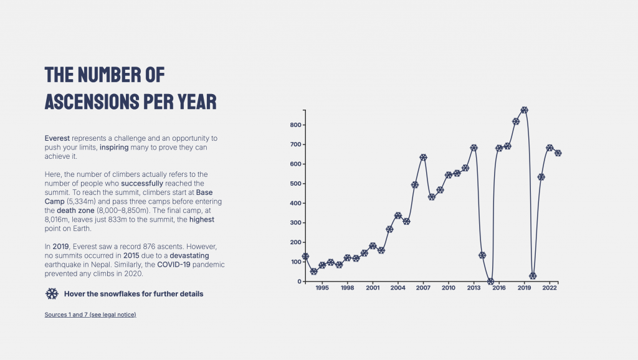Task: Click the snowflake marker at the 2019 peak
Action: click(525, 110)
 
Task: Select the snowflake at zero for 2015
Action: click(490, 282)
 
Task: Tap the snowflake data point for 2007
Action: click(423, 157)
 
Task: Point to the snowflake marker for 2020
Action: click(533, 276)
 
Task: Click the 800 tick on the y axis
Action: click(295, 125)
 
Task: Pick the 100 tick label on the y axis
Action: click(295, 262)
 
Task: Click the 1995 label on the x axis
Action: click(322, 288)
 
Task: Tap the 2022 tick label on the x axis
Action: click(550, 288)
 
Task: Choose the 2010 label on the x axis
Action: click(449, 288)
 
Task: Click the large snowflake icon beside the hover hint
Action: click(52, 294)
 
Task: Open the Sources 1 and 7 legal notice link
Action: click(90, 315)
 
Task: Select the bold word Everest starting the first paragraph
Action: click(57, 137)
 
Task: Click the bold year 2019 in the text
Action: click(60, 247)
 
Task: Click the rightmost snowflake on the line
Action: click(558, 153)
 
